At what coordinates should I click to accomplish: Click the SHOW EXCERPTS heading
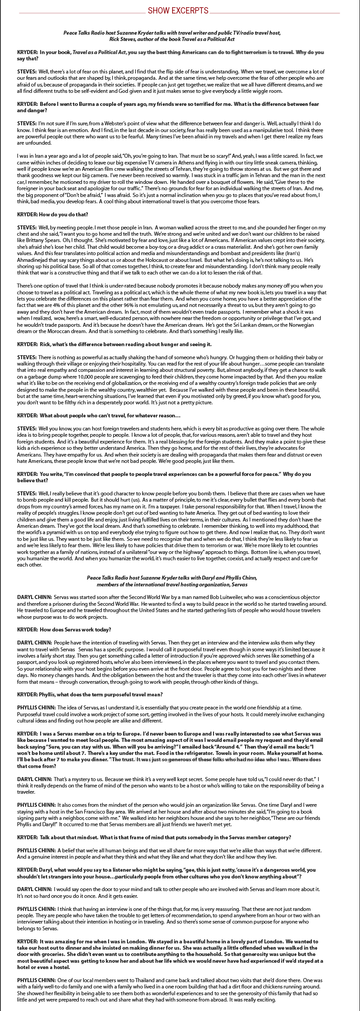tap(178, 10)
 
